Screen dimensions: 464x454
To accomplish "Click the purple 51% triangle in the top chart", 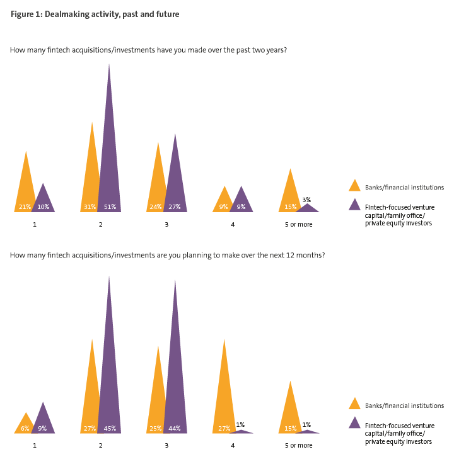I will (x=109, y=157).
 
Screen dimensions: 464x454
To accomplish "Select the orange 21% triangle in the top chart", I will (x=25, y=189).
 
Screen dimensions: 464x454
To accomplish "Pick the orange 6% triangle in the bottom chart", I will (x=25, y=425).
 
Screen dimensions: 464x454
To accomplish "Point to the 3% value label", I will (x=306, y=199).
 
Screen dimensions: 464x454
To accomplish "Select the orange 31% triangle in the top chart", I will (x=92, y=176).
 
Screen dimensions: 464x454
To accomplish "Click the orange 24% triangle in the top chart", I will (x=158, y=183).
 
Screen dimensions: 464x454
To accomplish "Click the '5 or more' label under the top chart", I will (x=298, y=224).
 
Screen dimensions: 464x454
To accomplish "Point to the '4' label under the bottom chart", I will (x=233, y=445).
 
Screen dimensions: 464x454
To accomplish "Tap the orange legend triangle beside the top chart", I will (x=354, y=186).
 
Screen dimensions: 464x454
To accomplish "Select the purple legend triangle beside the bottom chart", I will (x=354, y=422).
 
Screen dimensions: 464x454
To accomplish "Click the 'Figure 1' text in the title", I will (x=26, y=14).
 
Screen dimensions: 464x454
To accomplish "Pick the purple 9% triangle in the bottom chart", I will (x=43, y=421).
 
